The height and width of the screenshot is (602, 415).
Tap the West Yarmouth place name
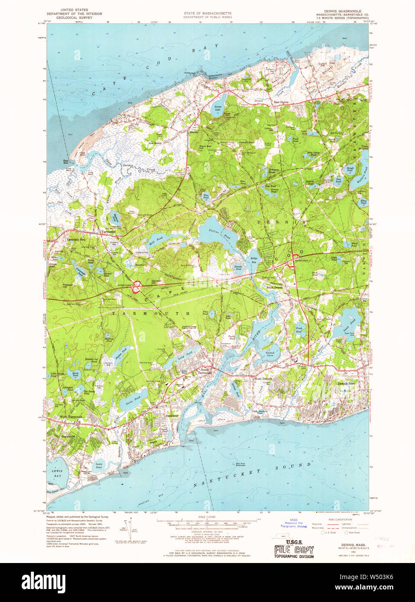click(x=71, y=417)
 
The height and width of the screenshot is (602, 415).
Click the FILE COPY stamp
click(x=294, y=550)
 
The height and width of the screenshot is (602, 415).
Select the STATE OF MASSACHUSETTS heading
click(x=207, y=13)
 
